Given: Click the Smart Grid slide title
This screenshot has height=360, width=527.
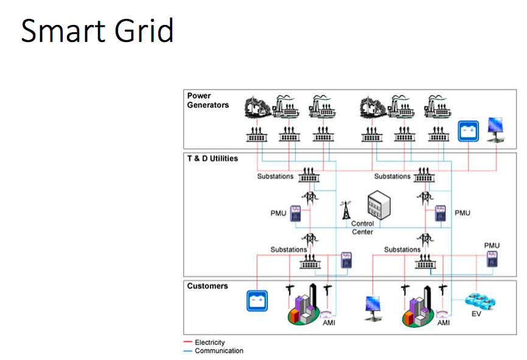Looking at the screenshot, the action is [97, 30].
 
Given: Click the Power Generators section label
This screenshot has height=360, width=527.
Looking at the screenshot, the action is [208, 100].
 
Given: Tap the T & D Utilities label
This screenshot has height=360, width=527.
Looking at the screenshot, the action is [212, 159].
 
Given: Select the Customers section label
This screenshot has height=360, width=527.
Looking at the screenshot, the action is [208, 286].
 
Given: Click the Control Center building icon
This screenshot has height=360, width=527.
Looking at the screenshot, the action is [379, 204].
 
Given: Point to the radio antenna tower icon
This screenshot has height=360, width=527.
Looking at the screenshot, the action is [346, 210].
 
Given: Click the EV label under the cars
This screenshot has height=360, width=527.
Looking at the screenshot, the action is [476, 314].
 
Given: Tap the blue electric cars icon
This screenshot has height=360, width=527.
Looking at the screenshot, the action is [480, 301].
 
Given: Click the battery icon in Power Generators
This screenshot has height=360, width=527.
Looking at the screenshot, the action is [468, 131].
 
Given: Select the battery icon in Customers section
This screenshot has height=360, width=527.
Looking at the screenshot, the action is [257, 301].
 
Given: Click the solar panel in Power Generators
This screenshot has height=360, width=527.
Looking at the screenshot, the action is [496, 130].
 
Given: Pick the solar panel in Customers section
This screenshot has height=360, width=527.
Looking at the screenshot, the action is [373, 308].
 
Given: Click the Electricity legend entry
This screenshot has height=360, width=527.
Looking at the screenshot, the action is [204, 342].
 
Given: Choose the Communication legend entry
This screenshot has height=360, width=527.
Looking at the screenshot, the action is [214, 351].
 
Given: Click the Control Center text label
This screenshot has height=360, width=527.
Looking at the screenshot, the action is [362, 227].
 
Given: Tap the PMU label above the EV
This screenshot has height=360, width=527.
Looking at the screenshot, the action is [492, 246].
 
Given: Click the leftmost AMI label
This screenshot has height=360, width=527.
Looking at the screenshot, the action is [329, 323].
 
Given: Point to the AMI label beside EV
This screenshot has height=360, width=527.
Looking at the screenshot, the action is [443, 323].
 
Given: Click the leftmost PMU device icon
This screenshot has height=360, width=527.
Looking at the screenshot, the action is [295, 213].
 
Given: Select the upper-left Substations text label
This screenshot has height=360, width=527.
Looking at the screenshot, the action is [275, 176].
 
